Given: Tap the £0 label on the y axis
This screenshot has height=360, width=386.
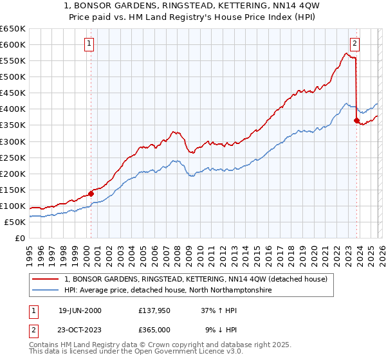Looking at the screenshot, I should click(x=20, y=238).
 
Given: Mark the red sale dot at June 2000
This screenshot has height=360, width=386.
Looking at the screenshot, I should click(x=91, y=193).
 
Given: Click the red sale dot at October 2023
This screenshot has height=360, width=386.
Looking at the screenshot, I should click(x=356, y=120).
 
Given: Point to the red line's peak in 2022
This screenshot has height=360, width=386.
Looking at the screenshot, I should click(x=346, y=54).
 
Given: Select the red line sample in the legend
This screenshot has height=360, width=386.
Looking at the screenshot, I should click(x=46, y=279).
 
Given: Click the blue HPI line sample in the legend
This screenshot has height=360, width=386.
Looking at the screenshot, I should click(x=46, y=290).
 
